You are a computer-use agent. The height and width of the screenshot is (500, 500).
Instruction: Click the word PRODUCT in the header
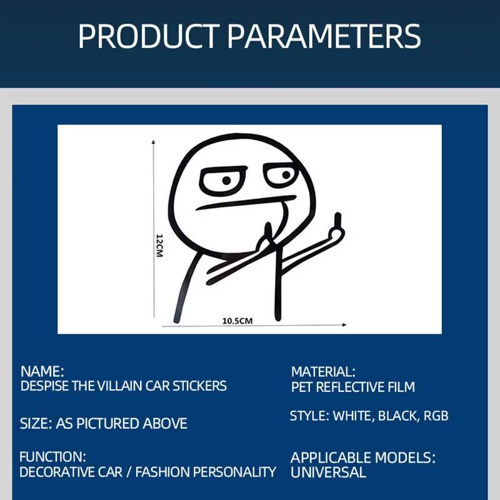[149, 36]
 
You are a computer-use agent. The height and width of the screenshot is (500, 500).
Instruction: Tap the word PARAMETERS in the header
[324, 36]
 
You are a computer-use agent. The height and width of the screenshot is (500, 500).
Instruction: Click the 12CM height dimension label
[159, 246]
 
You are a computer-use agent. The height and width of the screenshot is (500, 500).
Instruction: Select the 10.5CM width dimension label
[237, 321]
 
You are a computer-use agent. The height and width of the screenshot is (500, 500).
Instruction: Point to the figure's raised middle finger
[337, 222]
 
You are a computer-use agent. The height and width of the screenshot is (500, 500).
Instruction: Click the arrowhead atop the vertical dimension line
[153, 142]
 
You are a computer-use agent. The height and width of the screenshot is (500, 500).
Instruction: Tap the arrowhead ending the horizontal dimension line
[344, 325]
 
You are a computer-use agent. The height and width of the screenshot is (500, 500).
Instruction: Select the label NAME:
[42, 371]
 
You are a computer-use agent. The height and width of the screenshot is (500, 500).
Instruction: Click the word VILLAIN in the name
[119, 386]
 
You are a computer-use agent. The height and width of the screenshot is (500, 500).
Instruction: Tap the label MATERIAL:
[323, 372]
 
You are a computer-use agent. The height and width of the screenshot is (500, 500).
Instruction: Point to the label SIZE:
[36, 424]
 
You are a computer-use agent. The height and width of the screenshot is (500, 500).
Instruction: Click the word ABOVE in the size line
[165, 424]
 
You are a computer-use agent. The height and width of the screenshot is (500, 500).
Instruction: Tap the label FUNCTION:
[52, 457]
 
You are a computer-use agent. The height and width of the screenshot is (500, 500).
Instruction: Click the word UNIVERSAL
[328, 472]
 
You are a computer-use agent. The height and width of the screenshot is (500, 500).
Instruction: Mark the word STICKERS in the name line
[199, 386]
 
